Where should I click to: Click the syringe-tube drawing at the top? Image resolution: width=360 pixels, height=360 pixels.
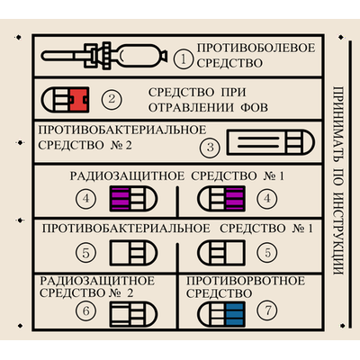tap(104, 56)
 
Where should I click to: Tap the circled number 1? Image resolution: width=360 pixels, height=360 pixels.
tap(184, 59)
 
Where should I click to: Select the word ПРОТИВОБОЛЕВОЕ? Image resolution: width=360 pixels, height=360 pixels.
tap(256, 48)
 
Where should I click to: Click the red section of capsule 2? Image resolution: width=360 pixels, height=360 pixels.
tap(79, 100)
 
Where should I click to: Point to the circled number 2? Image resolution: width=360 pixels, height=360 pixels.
tap(112, 99)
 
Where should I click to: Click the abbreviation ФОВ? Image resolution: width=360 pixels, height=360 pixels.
tap(254, 107)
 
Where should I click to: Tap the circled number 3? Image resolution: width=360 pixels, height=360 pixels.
tap(211, 148)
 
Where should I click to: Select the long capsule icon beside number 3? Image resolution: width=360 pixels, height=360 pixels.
tap(270, 142)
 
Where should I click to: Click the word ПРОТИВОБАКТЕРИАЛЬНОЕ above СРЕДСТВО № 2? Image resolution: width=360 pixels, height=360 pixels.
tap(122, 130)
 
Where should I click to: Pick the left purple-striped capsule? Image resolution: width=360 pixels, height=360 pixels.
tap(133, 198)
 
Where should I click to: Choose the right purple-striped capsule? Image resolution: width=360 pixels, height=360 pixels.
tap(221, 198)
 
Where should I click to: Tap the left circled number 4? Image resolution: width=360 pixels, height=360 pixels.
tap(86, 198)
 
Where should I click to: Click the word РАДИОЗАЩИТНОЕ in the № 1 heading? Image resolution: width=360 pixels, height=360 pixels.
tap(127, 176)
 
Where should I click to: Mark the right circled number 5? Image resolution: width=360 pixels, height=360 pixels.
tap(267, 253)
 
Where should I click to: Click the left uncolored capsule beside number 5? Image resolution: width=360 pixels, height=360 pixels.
tap(133, 253)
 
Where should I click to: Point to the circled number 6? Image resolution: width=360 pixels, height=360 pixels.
tap(86, 310)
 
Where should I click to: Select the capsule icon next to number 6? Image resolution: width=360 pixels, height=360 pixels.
tap(133, 314)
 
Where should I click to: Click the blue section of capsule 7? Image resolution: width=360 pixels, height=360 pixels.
tap(235, 314)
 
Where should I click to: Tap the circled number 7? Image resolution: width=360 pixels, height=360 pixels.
tap(267, 310)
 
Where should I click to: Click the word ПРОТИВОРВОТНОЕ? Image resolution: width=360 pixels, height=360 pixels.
tap(246, 281)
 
